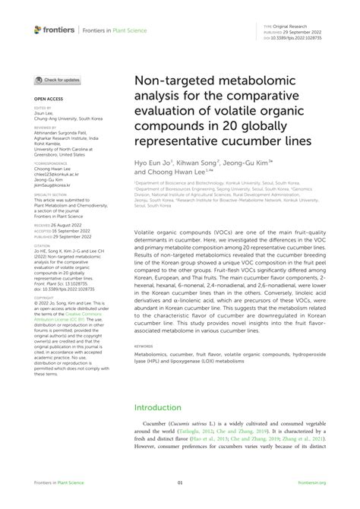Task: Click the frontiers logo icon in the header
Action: pyautogui.click(x=38, y=29)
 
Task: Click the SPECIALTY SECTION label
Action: pyautogui.click(x=49, y=195)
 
